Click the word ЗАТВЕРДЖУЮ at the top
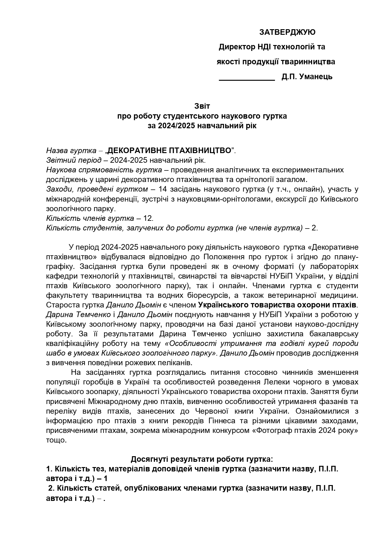tap(287, 32)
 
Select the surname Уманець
tap(316, 77)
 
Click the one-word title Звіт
tap(202, 106)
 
